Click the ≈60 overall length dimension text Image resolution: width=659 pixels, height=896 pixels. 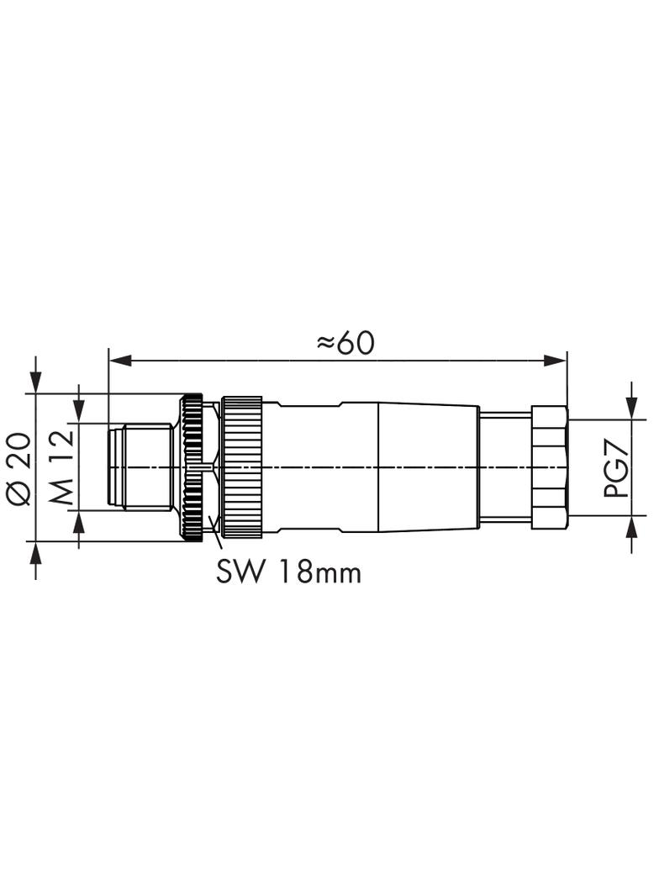(345, 342)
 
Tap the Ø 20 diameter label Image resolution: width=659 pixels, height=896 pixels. (19, 468)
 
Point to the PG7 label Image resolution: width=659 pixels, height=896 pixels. (619, 473)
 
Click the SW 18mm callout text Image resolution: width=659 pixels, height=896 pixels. (288, 572)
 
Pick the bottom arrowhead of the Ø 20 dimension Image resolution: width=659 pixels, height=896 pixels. (36, 551)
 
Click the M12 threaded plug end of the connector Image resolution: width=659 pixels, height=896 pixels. (139, 467)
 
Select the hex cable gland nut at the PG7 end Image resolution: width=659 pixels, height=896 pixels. (549, 467)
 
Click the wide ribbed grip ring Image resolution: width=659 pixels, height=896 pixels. (246, 467)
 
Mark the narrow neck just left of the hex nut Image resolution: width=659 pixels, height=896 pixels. (504, 467)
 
